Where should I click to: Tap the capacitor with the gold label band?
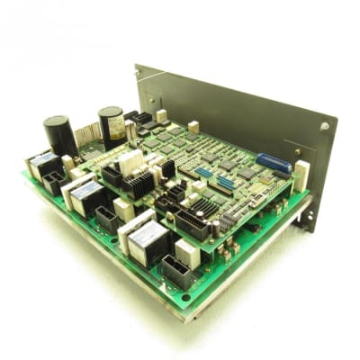point(112,126)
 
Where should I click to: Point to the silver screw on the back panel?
point(323,127)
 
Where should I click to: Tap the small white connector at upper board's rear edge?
point(193,127)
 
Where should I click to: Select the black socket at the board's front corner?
point(177,271)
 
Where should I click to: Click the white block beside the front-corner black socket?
point(187,252)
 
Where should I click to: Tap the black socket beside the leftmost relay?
point(54,183)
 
